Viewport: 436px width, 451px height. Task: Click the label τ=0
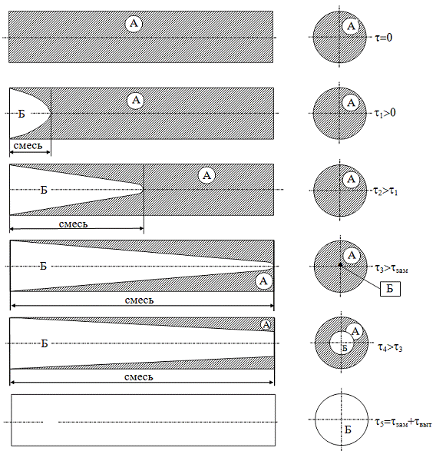click(x=384, y=38)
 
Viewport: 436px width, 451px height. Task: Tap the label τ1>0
click(x=385, y=113)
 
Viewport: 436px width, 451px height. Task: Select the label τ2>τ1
click(x=385, y=191)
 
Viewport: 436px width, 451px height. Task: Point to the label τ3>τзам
click(x=391, y=268)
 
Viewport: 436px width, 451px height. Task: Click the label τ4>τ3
click(x=390, y=347)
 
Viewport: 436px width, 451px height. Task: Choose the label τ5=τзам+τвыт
click(x=403, y=423)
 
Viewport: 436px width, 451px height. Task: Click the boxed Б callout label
click(x=390, y=288)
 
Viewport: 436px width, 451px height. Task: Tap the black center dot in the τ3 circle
click(x=341, y=265)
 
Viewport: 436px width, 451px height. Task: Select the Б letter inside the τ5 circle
click(x=348, y=429)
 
